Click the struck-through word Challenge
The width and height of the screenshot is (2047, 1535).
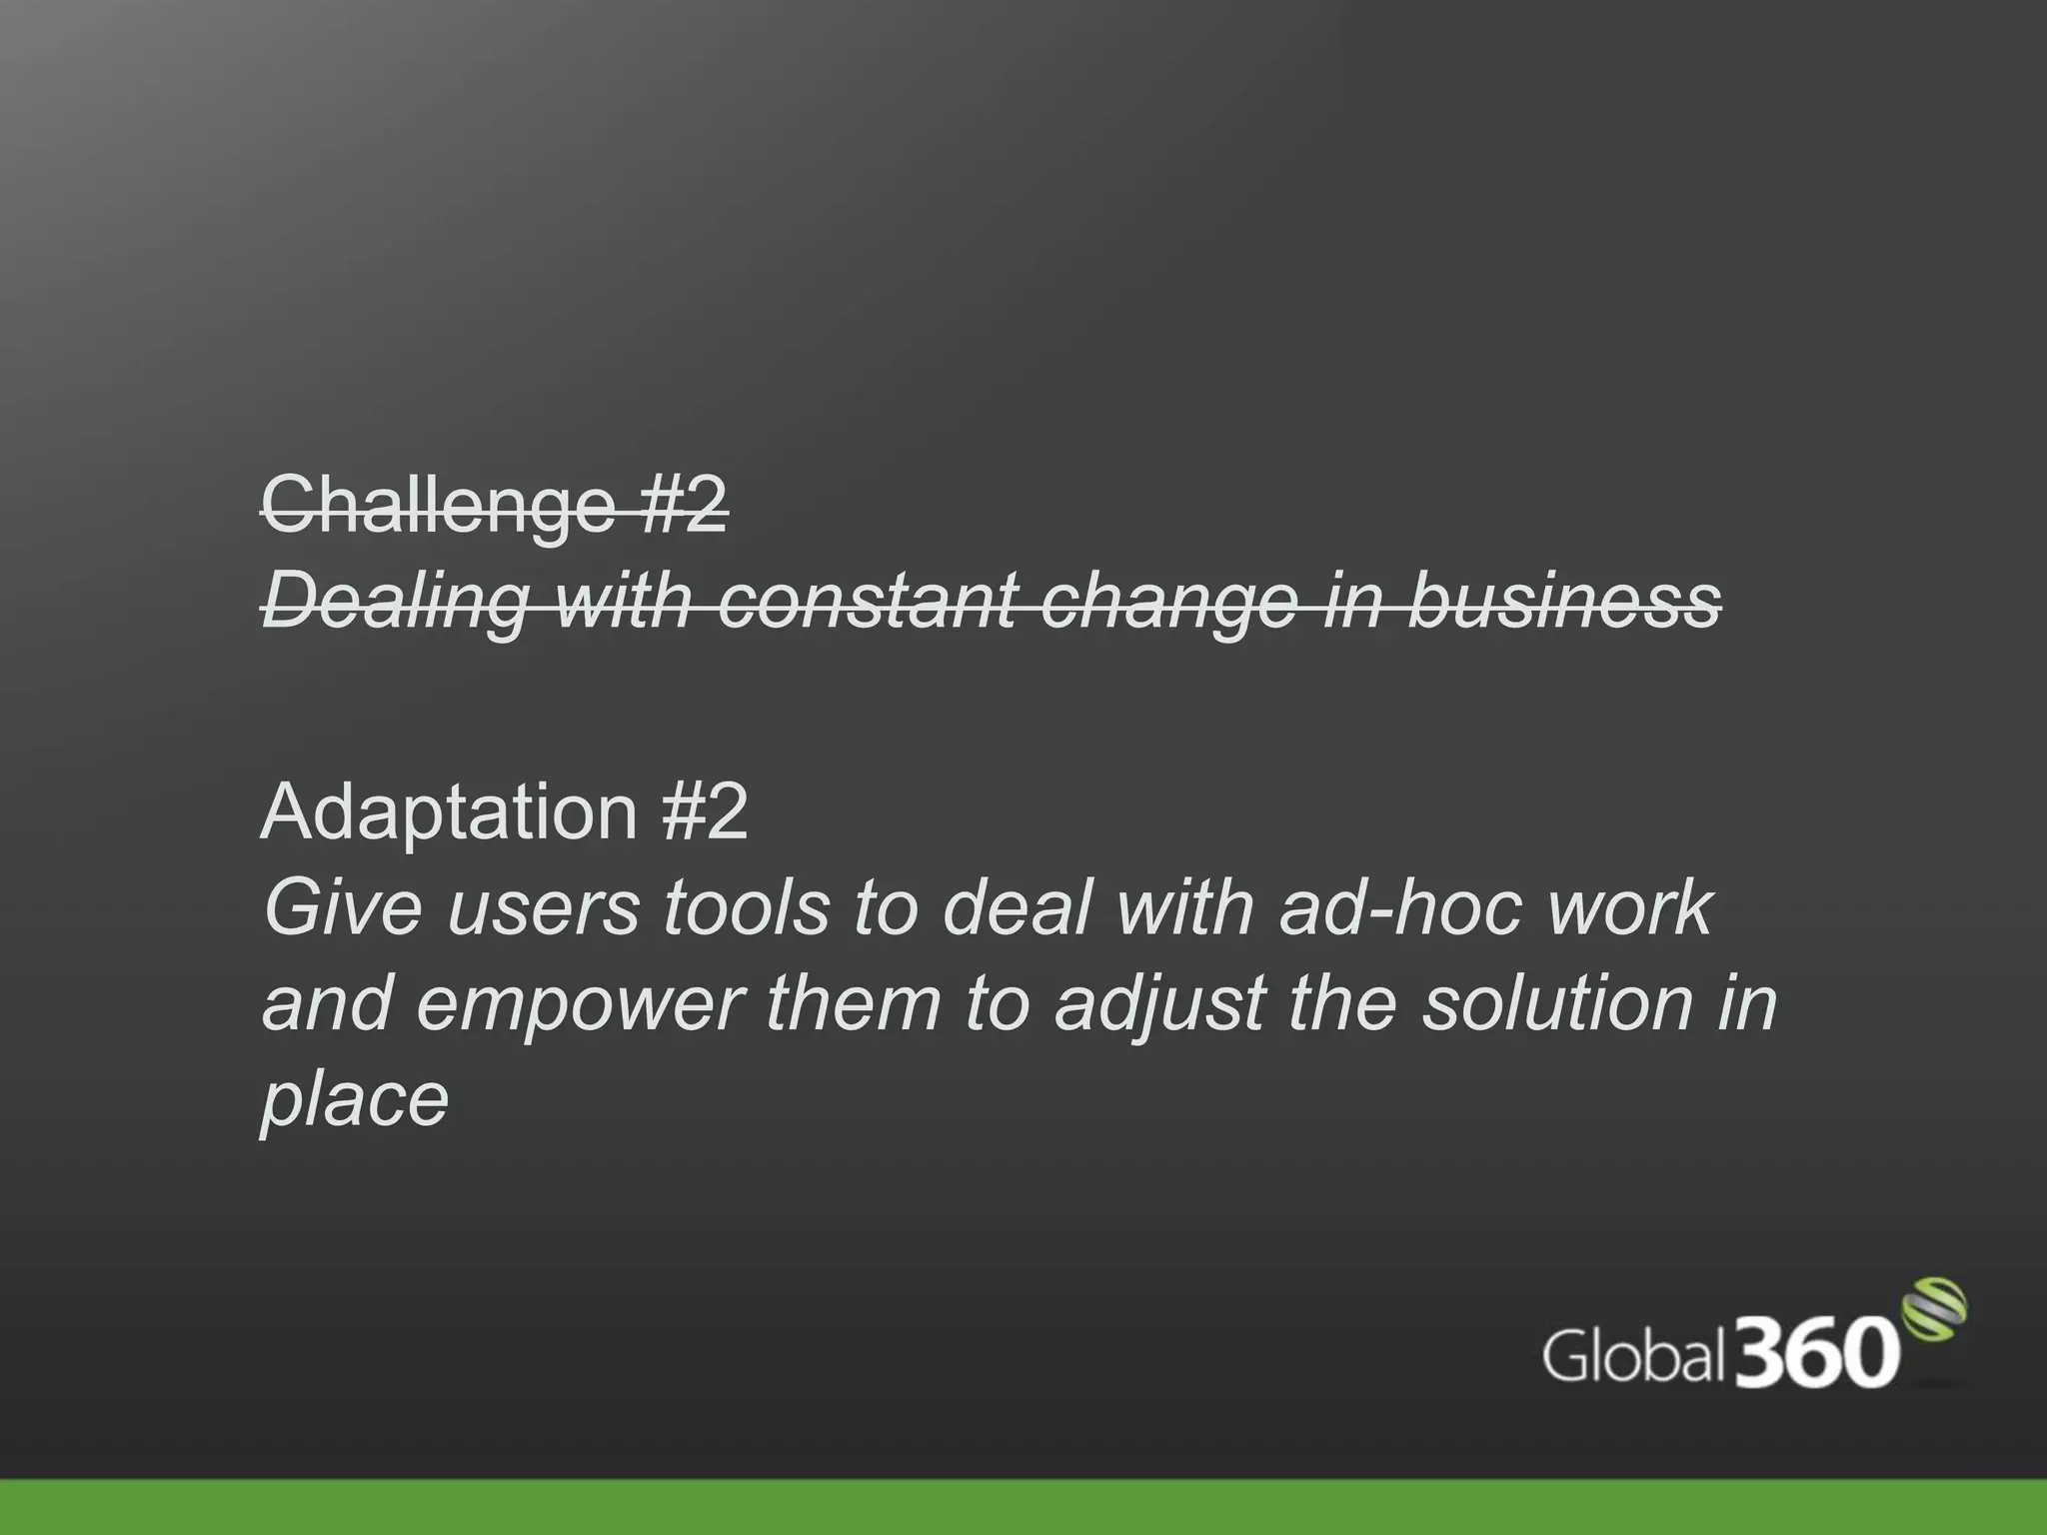437,506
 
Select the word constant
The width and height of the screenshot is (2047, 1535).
867,602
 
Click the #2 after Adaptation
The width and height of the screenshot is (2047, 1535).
704,811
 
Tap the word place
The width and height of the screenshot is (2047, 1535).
355,1100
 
